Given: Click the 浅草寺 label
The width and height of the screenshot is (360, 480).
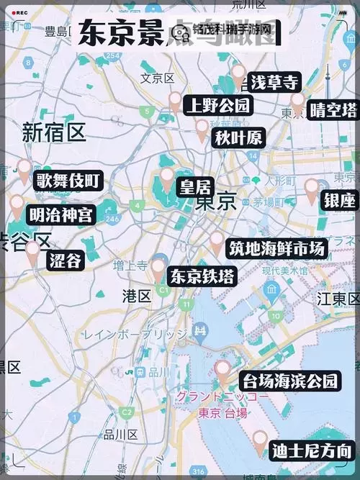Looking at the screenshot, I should (x=274, y=82).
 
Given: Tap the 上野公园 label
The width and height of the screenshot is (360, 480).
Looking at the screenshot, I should (x=218, y=107).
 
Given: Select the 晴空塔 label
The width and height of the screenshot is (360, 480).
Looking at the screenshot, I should (x=333, y=110).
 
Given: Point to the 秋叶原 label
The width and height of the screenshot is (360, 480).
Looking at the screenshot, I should (x=238, y=137).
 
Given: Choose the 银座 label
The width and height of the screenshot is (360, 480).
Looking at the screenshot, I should (x=340, y=200).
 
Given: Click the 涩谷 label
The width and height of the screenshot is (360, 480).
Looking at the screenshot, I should (x=65, y=261).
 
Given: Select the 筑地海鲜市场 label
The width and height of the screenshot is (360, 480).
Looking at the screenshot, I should (x=277, y=248).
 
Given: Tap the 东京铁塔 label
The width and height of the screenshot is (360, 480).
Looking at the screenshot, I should (x=202, y=276).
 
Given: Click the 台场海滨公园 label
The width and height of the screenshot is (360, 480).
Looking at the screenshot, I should (x=290, y=381).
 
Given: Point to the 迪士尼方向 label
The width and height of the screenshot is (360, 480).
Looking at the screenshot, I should (x=312, y=452).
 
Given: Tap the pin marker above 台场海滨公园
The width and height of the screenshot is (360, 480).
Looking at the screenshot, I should (x=223, y=371).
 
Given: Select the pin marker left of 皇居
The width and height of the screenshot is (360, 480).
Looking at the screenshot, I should (x=167, y=178).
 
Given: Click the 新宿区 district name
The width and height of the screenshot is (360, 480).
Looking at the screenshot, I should (x=54, y=133).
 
